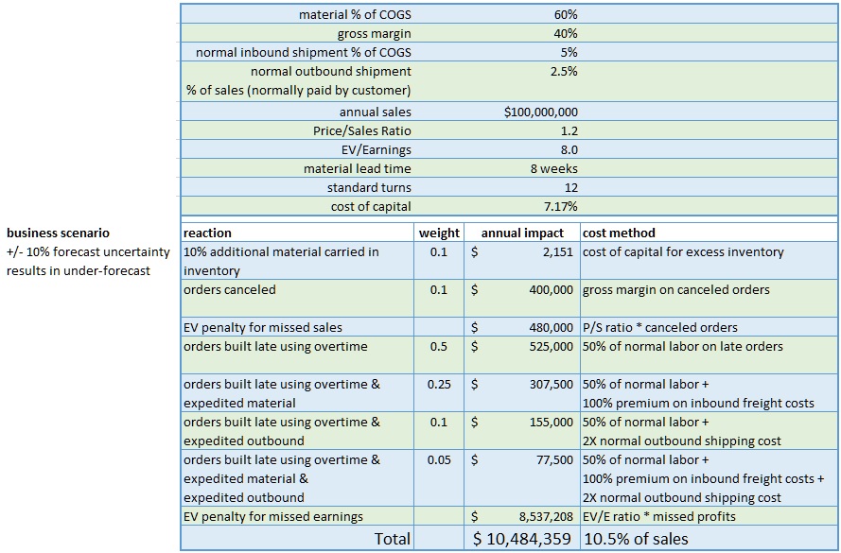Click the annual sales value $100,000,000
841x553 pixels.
click(541, 112)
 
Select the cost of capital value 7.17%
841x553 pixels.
click(560, 206)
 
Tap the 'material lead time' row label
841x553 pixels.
click(358, 169)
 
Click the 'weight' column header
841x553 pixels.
click(439, 233)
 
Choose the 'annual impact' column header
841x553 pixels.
click(522, 233)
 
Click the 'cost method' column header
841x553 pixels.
click(619, 233)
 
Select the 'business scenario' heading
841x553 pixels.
click(58, 233)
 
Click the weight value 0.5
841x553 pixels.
click(439, 346)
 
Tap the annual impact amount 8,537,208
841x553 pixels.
click(546, 516)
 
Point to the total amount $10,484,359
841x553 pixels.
click(522, 539)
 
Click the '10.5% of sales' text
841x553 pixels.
click(636, 539)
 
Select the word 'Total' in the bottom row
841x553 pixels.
click(392, 539)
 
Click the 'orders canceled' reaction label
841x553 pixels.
click(230, 290)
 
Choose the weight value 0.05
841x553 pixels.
click(439, 459)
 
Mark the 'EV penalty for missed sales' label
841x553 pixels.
click(263, 327)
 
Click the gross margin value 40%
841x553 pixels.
click(566, 33)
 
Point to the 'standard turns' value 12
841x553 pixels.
click(571, 187)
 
